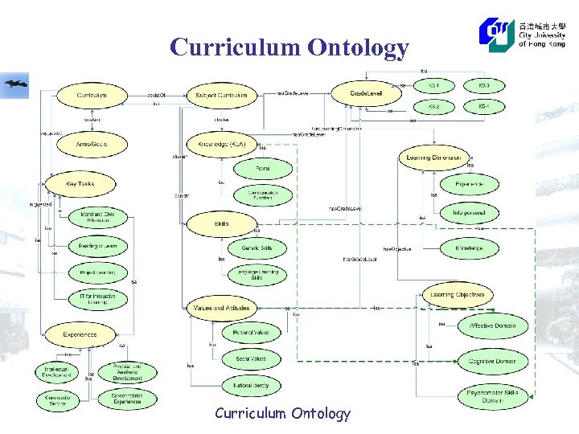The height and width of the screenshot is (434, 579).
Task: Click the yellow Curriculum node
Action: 92,95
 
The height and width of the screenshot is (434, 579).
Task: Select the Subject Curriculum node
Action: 221,95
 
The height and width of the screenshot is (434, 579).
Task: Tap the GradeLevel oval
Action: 366,94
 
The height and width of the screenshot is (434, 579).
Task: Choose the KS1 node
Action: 433,85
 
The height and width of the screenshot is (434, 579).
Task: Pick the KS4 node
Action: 483,105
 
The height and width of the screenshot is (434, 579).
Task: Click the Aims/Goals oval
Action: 91,144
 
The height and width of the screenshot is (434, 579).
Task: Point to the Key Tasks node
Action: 80,184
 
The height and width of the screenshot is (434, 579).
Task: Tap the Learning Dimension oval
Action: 434,158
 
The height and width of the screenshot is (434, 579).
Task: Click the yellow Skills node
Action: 221,223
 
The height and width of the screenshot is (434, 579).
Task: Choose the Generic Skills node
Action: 257,248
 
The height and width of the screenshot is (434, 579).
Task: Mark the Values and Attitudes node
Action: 221,308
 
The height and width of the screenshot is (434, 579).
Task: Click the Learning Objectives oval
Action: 457,295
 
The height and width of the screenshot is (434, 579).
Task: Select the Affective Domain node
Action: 492,325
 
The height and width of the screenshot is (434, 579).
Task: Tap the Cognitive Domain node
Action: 492,362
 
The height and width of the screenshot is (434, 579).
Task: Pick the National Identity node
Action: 251,385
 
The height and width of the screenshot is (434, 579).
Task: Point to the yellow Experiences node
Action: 80,334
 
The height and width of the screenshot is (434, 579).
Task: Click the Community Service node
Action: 58,399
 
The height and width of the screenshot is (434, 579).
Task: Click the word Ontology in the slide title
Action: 358,48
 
